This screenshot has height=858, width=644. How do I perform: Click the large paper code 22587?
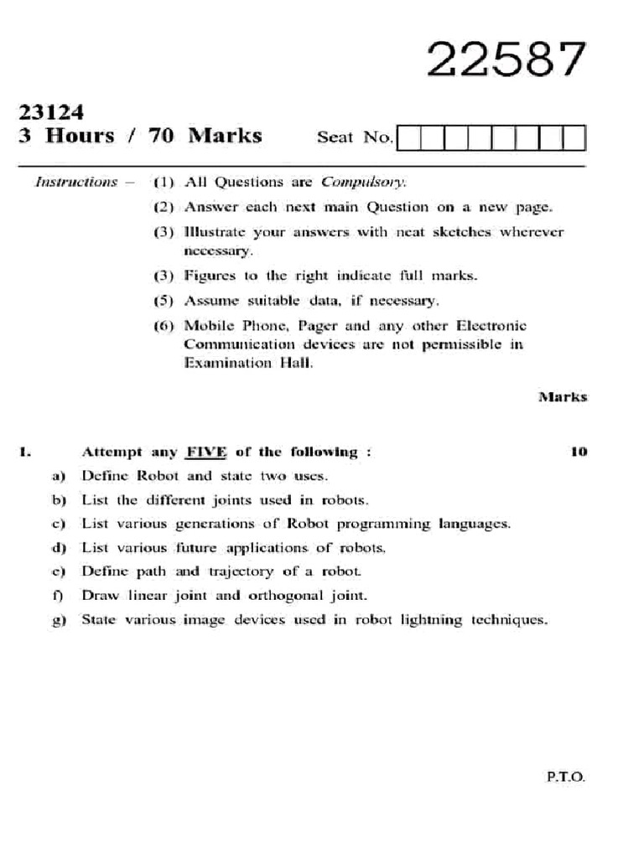tap(506, 60)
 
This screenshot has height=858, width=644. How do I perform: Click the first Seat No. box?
tap(408, 137)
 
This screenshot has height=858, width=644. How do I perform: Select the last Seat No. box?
tap(574, 137)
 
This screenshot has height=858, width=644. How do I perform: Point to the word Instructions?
tap(75, 182)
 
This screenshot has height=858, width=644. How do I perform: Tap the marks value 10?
tap(578, 452)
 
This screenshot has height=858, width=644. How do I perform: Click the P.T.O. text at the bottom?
tap(566, 777)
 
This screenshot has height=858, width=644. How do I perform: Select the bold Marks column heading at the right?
tap(562, 397)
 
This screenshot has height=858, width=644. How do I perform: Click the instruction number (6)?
tap(163, 325)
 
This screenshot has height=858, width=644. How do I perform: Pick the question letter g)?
tap(59, 621)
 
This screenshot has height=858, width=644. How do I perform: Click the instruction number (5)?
tap(163, 300)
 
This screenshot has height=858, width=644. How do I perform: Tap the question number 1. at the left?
tap(25, 452)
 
